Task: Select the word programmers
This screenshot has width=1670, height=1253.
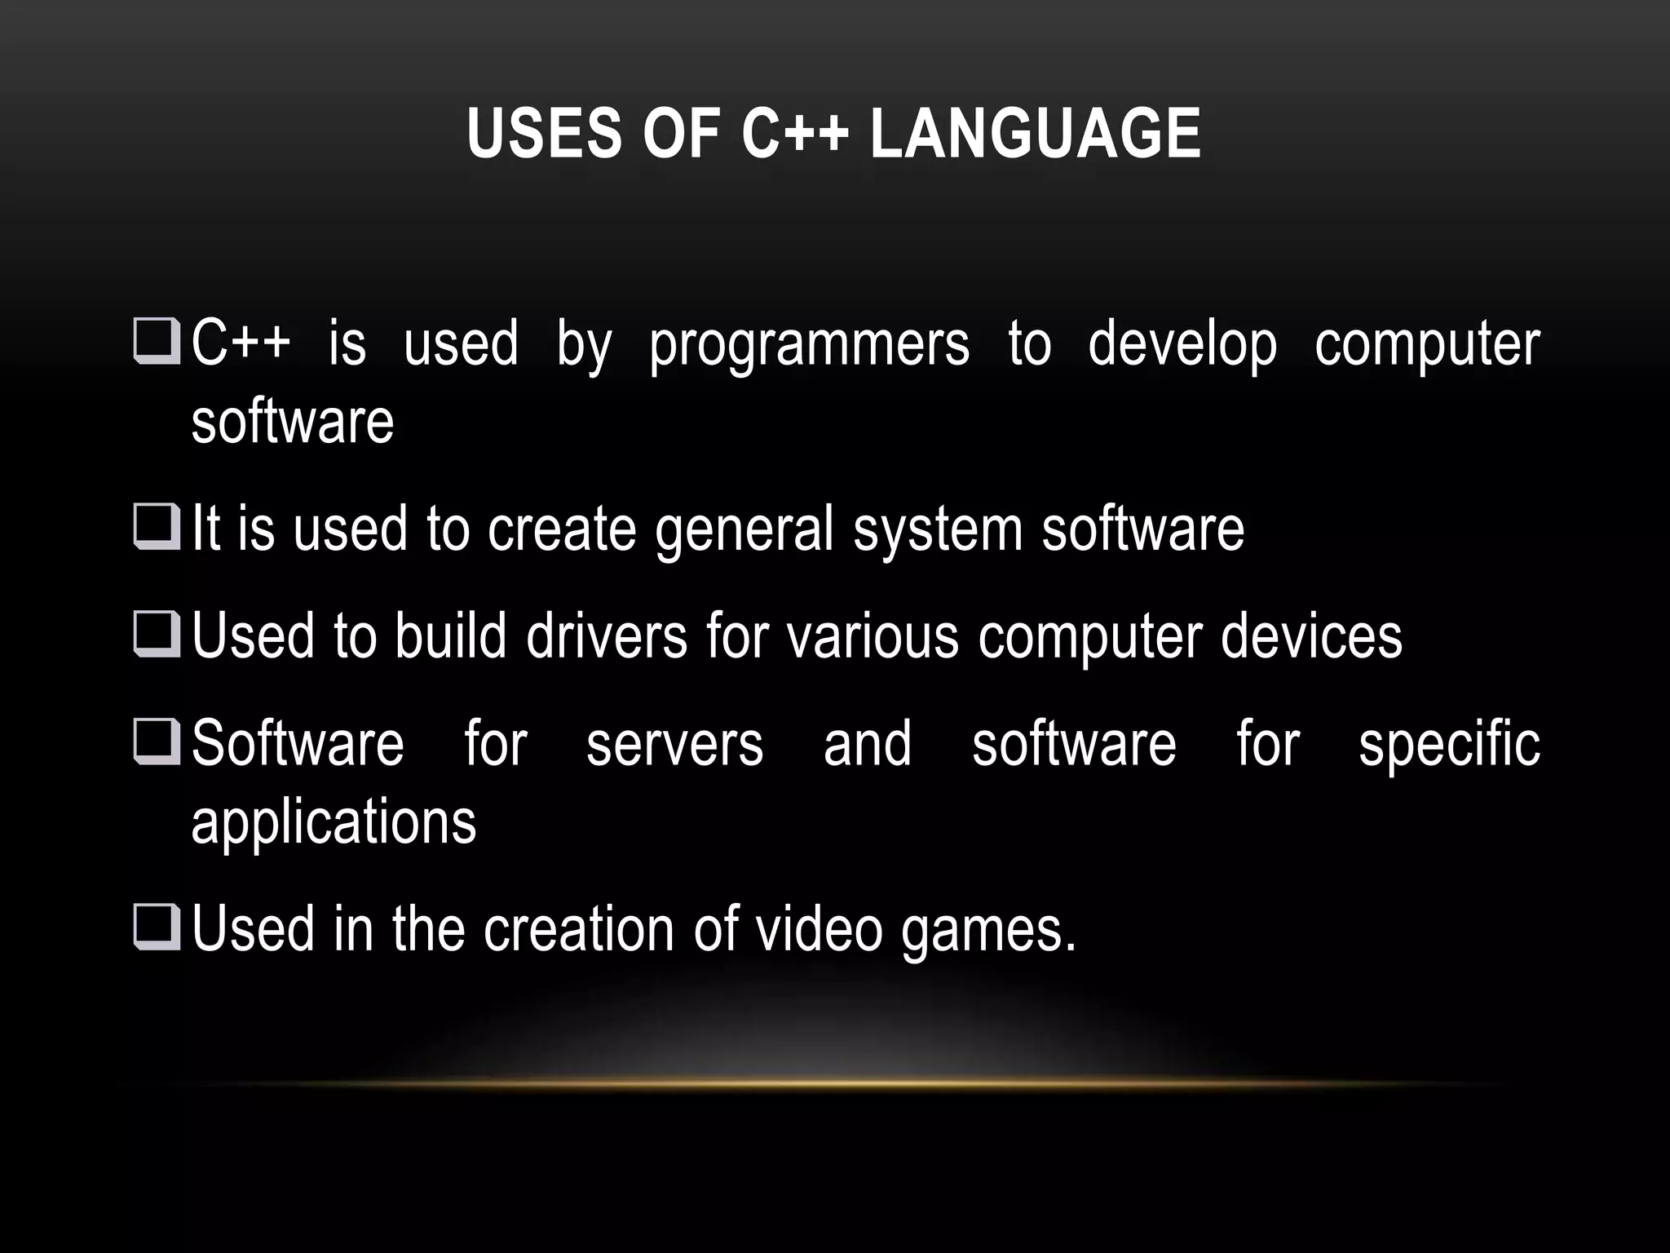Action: coord(809,345)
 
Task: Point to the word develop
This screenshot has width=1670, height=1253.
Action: coord(1182,345)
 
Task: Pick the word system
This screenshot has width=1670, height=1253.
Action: coord(937,530)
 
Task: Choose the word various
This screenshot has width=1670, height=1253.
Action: coord(873,637)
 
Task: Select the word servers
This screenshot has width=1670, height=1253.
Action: coord(674,744)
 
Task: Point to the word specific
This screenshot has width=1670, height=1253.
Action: coord(1449,744)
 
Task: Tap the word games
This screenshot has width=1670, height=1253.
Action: coord(988,931)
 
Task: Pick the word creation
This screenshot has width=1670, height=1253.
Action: coord(578,929)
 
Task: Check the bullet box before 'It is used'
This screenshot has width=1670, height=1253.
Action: coord(156,527)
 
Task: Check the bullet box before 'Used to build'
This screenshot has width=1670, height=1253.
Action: coord(156,634)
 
